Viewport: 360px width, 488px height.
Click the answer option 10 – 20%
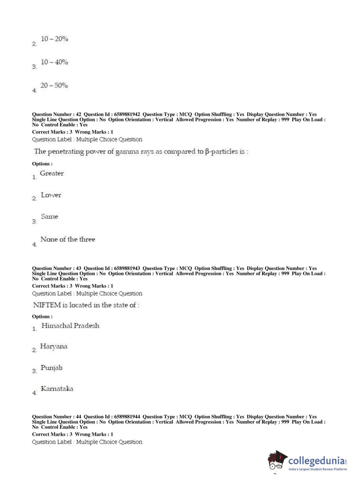click(54, 39)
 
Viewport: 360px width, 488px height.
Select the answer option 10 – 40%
click(54, 62)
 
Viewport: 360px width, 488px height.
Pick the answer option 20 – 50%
click(54, 86)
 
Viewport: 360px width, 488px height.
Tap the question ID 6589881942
click(127, 114)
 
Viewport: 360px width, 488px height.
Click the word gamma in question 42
click(126, 152)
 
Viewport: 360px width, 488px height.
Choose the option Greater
click(52, 173)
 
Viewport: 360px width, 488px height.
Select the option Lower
click(51, 195)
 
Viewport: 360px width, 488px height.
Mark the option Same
click(50, 217)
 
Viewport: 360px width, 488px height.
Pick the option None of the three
click(68, 239)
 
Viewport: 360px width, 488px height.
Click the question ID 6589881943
click(127, 268)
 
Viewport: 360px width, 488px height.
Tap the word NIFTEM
click(47, 305)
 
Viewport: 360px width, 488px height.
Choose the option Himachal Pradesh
click(70, 326)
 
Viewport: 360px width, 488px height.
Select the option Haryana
click(54, 347)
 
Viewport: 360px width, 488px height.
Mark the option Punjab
click(51, 368)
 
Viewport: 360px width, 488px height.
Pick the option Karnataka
click(57, 389)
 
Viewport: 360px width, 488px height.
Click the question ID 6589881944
click(127, 417)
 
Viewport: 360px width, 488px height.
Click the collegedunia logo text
click(316, 461)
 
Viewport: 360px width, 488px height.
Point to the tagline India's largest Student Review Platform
click(318, 469)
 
